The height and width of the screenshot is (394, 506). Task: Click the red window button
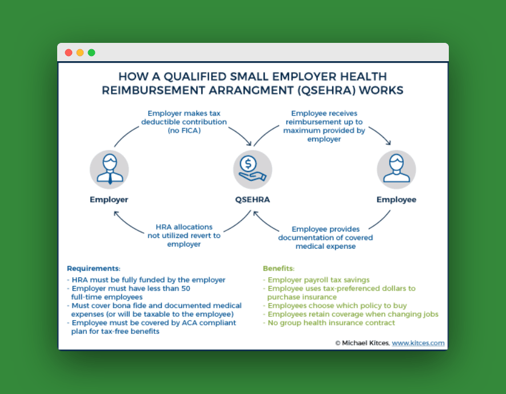pos(69,53)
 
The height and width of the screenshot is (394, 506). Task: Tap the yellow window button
pos(80,53)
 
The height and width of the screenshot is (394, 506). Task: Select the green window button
pos(91,53)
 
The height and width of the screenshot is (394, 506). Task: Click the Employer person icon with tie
pos(109,169)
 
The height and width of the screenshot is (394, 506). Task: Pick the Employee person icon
pos(396,169)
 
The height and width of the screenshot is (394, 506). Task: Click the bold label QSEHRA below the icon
pos(252,200)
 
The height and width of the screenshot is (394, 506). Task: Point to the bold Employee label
pos(396,200)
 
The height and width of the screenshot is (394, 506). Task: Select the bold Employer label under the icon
pos(109,200)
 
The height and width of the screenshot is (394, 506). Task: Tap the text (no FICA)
pos(184,130)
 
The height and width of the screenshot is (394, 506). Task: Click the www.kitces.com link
pos(418,343)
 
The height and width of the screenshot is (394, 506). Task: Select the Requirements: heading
pos(94,268)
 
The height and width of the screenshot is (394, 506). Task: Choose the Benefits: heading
pos(279,268)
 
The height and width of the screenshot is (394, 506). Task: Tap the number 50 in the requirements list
pos(186,288)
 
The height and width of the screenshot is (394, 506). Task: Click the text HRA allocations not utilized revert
pos(184,232)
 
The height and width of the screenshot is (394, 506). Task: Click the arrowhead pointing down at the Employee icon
pos(389,142)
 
